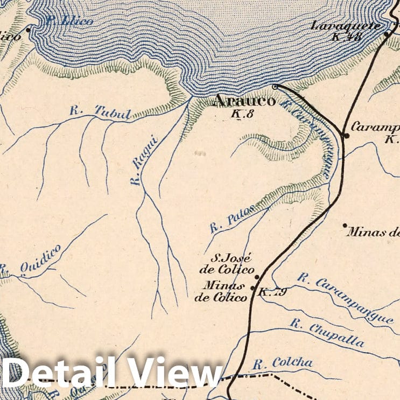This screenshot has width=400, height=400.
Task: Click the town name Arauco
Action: click(x=245, y=101)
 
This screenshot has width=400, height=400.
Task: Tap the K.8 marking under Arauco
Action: click(x=242, y=114)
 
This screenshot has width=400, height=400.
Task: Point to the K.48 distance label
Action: click(x=346, y=37)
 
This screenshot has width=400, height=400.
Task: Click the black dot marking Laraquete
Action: click(x=387, y=34)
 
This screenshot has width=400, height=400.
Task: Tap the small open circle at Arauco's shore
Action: click(x=275, y=86)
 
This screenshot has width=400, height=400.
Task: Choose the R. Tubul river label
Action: click(x=101, y=112)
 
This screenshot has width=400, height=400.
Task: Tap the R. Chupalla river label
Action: click(x=327, y=333)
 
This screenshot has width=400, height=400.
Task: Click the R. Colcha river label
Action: click(x=283, y=363)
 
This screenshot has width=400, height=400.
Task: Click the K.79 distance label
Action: click(x=272, y=292)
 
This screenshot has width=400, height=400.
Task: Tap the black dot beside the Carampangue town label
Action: click(x=347, y=136)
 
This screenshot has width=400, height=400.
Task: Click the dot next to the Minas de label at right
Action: click(x=345, y=226)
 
